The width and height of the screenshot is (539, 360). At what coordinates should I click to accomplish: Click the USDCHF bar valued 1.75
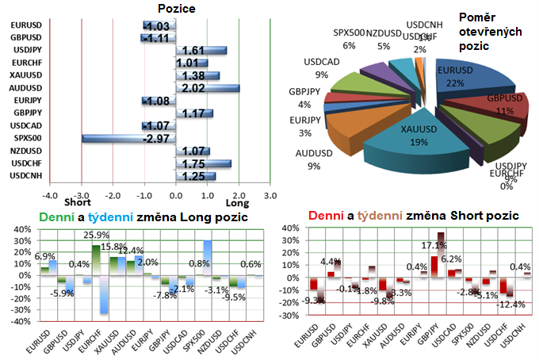point(204,163)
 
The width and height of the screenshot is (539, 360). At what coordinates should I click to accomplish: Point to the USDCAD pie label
point(320,62)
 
